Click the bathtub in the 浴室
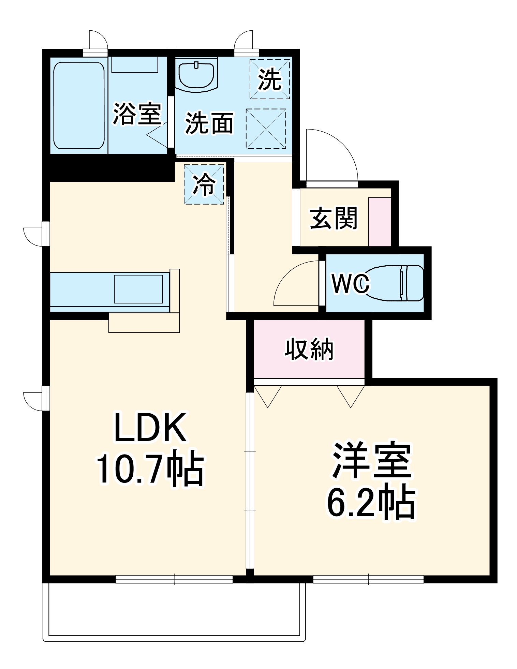click(x=79, y=105)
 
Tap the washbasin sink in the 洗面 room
click(x=197, y=76)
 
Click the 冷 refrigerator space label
click(x=204, y=184)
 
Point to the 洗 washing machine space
click(x=269, y=79)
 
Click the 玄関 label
click(x=334, y=218)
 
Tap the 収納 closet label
click(x=309, y=349)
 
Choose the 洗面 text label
click(x=209, y=123)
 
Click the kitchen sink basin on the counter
click(x=138, y=289)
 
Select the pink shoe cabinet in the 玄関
click(x=380, y=222)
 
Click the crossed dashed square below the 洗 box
click(x=266, y=129)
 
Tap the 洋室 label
click(x=372, y=460)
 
